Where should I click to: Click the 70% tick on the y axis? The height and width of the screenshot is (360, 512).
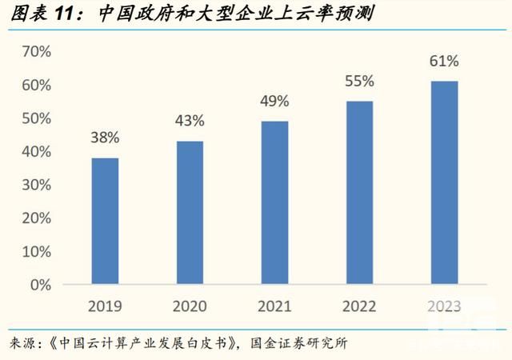[x=36, y=52]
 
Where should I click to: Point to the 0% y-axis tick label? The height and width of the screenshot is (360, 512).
[x=41, y=284]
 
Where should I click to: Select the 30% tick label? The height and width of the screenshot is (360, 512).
[x=36, y=185]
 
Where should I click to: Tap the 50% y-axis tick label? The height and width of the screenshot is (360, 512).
[x=36, y=118]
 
